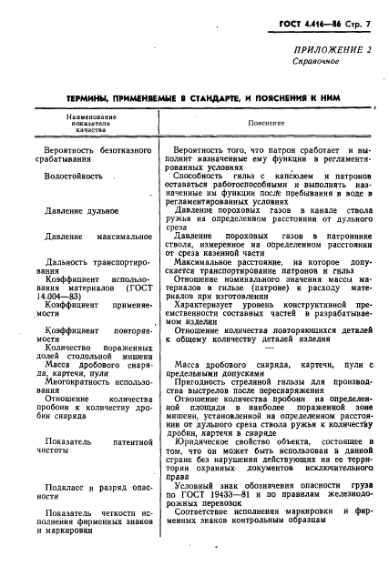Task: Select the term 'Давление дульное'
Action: pyautogui.click(x=82, y=211)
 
